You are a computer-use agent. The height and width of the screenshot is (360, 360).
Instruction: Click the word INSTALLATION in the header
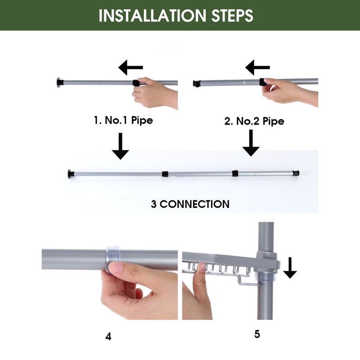(x=153, y=16)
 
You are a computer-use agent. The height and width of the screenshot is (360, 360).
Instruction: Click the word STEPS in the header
(x=232, y=16)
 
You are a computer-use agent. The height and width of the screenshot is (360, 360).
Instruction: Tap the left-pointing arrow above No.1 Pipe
(x=130, y=67)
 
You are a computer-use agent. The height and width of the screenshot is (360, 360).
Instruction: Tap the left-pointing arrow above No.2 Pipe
(x=257, y=67)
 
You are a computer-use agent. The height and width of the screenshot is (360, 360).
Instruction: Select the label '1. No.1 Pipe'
(x=123, y=120)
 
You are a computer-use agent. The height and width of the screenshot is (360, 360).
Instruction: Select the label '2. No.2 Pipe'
(x=254, y=121)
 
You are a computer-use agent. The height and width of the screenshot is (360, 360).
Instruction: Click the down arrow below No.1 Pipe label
(x=120, y=146)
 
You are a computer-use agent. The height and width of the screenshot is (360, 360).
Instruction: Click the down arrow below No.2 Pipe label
(x=251, y=143)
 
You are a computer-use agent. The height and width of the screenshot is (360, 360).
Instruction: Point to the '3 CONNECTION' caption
(x=190, y=204)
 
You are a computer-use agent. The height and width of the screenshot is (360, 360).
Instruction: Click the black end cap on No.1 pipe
(x=60, y=83)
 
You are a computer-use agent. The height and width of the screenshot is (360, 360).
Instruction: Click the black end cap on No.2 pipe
(x=197, y=84)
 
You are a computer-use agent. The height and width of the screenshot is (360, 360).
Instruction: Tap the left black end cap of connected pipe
(x=71, y=174)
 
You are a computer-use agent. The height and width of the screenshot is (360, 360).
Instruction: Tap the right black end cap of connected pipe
(x=296, y=173)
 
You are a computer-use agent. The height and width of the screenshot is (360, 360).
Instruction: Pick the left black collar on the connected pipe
(x=165, y=174)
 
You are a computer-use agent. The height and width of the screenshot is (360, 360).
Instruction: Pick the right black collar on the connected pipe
(x=235, y=173)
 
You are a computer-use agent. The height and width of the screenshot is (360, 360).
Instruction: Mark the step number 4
(x=108, y=337)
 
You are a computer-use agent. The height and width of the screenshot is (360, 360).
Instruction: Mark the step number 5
(x=257, y=334)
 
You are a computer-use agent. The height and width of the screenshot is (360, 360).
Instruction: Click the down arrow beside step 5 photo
(x=290, y=268)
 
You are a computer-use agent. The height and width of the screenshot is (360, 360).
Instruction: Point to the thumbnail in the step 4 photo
(x=116, y=267)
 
